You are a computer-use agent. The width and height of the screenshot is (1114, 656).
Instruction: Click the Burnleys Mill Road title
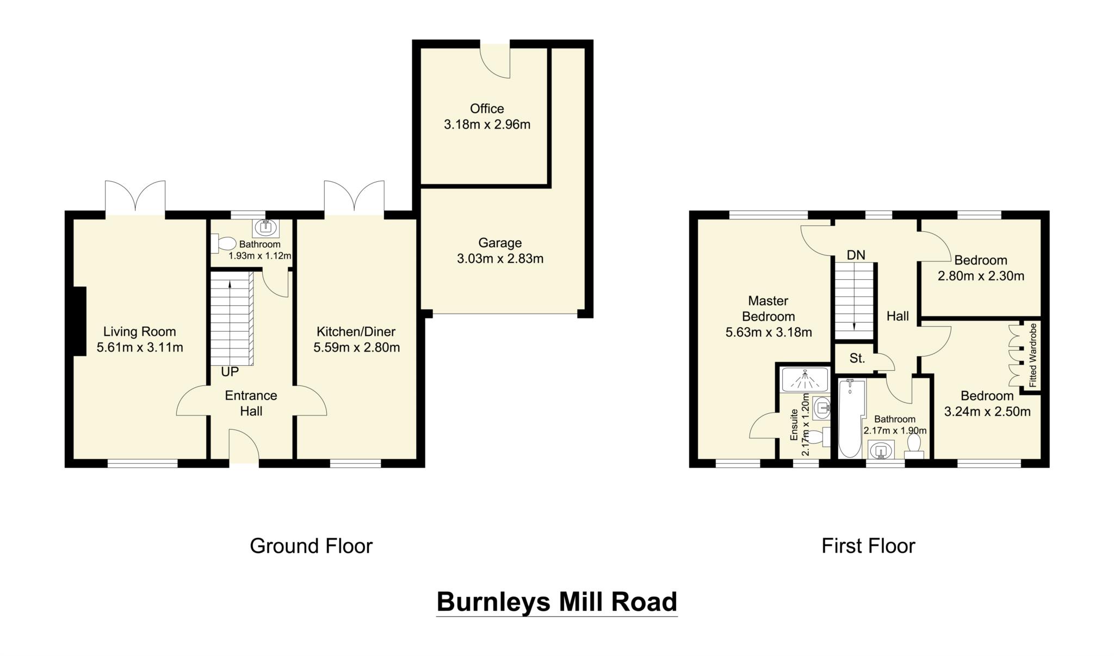tap(556, 602)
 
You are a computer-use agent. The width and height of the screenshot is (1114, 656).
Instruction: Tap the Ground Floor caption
tap(311, 545)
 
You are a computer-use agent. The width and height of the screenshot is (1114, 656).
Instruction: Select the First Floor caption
tap(868, 545)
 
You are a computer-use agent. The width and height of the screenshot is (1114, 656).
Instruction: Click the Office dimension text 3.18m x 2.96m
tap(487, 125)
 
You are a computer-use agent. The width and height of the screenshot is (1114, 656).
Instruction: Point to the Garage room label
tap(500, 243)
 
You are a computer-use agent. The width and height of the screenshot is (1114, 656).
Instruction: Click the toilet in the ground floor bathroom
tap(223, 243)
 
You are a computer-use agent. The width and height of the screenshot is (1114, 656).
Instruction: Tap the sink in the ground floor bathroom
tap(266, 227)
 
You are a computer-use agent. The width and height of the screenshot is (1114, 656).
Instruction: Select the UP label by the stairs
tap(230, 372)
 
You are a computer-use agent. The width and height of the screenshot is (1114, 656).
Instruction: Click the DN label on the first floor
tap(856, 255)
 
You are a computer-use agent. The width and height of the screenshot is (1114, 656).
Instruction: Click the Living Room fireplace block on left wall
tap(79, 321)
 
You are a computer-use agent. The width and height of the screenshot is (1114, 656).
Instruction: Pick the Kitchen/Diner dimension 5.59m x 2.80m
tap(356, 347)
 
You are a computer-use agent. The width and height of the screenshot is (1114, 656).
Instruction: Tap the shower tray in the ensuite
tap(804, 379)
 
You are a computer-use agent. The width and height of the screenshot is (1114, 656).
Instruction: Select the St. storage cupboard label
tap(857, 358)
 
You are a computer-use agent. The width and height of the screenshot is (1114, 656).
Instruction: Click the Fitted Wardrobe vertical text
tap(1033, 355)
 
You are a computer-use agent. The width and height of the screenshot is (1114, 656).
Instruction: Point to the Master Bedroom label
tap(768, 308)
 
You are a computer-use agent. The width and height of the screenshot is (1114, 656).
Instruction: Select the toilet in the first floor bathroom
tap(913, 448)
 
